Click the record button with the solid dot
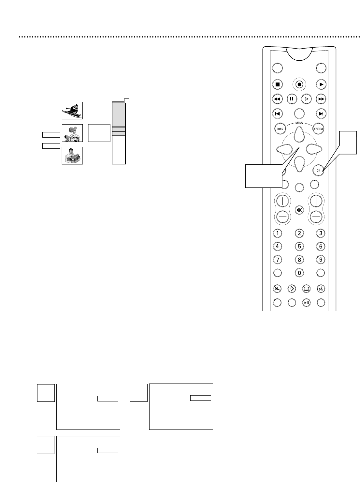299,84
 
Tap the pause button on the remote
292,99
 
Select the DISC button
280,129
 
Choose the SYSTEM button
318,129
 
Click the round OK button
318,170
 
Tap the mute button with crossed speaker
299,210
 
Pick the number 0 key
299,273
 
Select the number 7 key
278,260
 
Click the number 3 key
321,233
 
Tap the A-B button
306,303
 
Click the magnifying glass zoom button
278,289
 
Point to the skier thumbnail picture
72,111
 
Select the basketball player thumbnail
72,133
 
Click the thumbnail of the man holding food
72,156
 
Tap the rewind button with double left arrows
278,99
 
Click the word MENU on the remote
299,123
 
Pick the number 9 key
321,260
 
